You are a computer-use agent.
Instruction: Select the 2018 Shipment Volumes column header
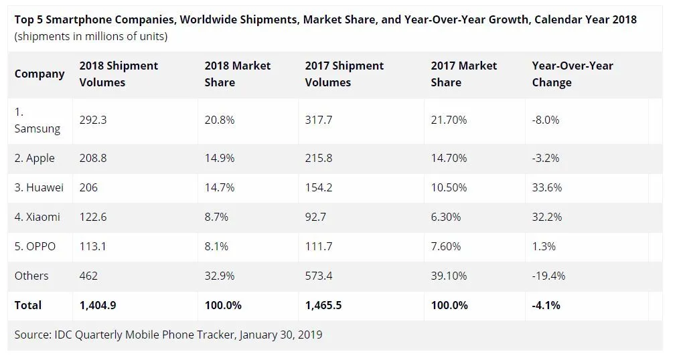[119, 74]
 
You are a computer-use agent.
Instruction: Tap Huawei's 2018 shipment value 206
[88, 187]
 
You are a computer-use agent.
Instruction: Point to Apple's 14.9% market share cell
[220, 158]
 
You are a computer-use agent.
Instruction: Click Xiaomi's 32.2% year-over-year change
[546, 217]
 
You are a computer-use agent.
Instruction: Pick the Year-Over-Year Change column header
[572, 74]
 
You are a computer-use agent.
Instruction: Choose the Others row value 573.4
[318, 276]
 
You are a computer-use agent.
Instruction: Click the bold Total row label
[28, 305]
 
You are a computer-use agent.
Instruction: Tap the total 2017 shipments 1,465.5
[323, 305]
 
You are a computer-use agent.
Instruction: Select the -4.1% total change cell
[546, 305]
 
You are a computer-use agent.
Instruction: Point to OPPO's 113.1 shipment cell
[93, 246]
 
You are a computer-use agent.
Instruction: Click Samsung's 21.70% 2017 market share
[449, 120]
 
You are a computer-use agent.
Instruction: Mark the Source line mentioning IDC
[168, 334]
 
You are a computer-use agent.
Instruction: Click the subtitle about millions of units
[91, 36]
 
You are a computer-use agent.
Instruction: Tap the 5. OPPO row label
[35, 246]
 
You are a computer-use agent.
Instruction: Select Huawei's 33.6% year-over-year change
[546, 187]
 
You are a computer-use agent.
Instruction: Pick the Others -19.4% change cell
[548, 276]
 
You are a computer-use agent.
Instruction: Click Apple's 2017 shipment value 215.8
[318, 158]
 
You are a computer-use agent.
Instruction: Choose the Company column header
[40, 74]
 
